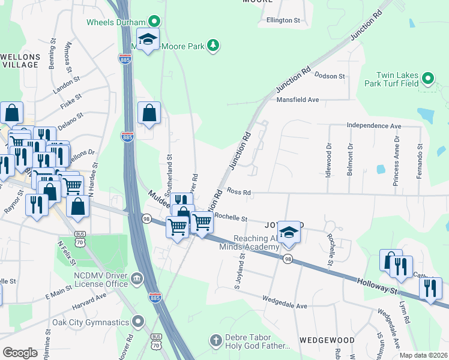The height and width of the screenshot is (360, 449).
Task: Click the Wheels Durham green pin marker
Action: pos(154,22)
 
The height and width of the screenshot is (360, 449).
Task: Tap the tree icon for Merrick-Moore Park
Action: pos(212,45)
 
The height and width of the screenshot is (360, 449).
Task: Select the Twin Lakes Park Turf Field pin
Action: pos(427,79)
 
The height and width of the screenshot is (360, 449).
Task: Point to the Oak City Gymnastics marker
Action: pos(139,322)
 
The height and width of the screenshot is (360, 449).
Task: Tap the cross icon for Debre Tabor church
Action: pos(216,341)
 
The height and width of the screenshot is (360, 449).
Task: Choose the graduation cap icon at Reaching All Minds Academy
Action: pos(289,232)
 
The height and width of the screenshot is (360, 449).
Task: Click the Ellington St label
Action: pos(283,20)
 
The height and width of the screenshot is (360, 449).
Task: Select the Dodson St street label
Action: pos(330,76)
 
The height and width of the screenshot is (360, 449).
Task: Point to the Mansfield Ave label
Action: pos(297,100)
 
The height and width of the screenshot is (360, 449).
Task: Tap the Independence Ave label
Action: pos(373,126)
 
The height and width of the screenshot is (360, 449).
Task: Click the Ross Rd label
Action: pos(238,192)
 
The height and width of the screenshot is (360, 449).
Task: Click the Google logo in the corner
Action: pos(20,352)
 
